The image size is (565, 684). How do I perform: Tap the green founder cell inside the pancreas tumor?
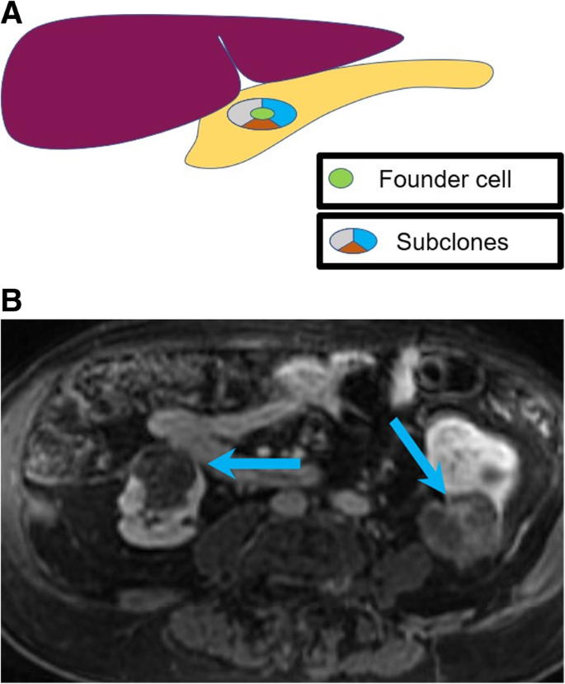click(x=261, y=113)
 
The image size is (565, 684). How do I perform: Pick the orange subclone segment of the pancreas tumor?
click(x=261, y=125)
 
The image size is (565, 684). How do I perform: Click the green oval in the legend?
click(x=341, y=177)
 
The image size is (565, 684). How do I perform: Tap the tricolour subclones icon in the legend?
click(x=353, y=240)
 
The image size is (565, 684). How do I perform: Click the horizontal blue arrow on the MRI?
click(x=256, y=465)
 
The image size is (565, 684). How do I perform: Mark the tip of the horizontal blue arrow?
click(x=210, y=465)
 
